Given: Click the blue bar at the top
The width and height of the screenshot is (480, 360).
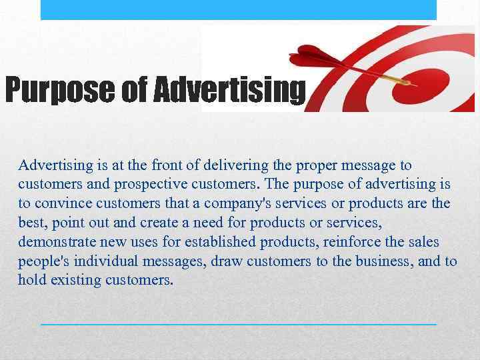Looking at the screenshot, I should click(x=238, y=9).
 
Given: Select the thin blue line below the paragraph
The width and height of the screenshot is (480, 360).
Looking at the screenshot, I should click(x=238, y=324).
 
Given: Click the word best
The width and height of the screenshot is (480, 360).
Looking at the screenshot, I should click(x=33, y=222).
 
